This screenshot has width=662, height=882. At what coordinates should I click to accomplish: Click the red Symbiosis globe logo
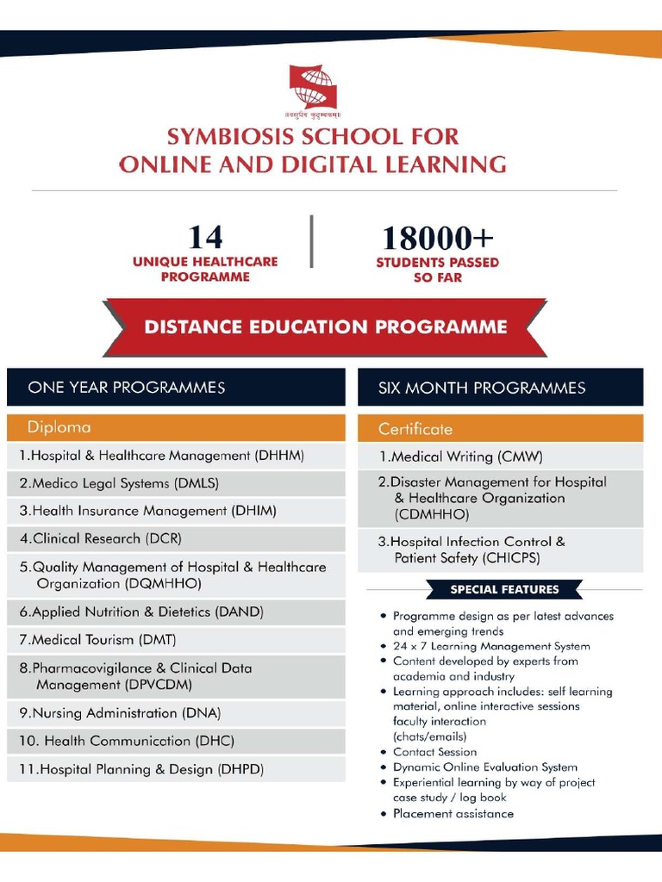click(313, 88)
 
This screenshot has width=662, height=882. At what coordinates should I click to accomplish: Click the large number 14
click(205, 237)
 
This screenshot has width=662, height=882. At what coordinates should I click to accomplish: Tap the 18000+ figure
click(437, 239)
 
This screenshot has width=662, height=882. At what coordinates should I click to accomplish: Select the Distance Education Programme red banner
click(325, 327)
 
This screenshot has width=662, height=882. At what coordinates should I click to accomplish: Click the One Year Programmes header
click(126, 388)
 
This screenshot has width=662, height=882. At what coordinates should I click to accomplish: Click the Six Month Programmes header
click(481, 388)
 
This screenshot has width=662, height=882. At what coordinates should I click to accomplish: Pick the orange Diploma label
click(59, 427)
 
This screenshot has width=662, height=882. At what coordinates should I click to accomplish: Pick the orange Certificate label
click(415, 428)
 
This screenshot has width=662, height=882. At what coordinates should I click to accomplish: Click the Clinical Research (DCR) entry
click(101, 538)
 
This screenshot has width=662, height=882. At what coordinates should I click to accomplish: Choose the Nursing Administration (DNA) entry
click(120, 713)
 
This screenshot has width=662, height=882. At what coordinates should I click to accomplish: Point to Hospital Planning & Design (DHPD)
click(141, 769)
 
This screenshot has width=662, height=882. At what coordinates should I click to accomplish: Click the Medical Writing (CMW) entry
click(461, 457)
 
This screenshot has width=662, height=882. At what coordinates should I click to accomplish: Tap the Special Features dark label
click(504, 590)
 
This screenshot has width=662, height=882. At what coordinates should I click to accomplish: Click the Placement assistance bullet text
click(453, 813)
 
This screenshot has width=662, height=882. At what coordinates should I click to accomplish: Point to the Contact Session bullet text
click(434, 752)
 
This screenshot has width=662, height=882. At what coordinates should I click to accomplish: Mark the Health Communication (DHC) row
click(127, 741)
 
